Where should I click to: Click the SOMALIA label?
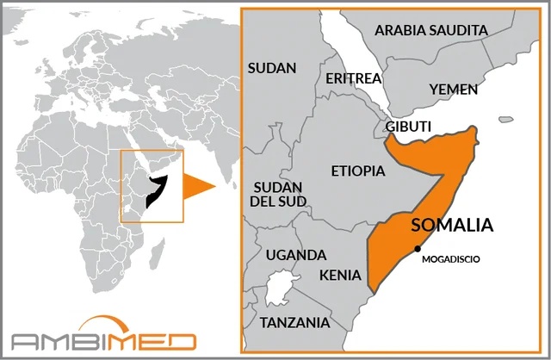tap(452, 226)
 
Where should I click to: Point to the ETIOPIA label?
tap(358, 171)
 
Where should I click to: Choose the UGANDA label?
tap(296, 255)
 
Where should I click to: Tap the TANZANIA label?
tap(295, 323)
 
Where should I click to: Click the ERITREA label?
tap(353, 78)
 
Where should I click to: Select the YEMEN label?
tap(452, 89)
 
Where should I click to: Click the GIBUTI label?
tap(408, 127)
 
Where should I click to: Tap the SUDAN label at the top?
tap(272, 67)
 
